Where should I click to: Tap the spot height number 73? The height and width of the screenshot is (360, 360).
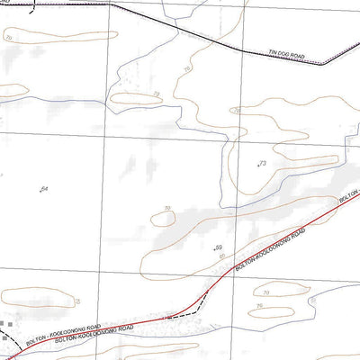click(263, 163)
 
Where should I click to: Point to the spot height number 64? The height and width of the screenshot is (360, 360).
click(45, 187)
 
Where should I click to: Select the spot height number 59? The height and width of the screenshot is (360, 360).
click(219, 246)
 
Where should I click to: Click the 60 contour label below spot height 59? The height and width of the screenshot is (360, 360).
click(222, 256)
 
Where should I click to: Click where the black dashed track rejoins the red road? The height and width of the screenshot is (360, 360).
click(209, 291)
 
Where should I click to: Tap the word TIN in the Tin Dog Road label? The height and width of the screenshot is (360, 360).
click(275, 54)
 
